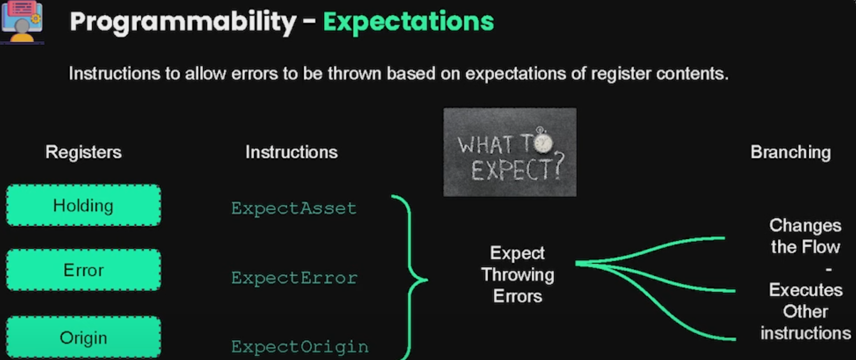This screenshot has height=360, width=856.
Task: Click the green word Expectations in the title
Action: (409, 21)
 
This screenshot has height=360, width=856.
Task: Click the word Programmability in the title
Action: (183, 21)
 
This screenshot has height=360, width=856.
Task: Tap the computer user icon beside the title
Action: (22, 21)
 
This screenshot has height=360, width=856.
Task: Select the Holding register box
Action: (83, 205)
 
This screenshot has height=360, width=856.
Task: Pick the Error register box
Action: (83, 270)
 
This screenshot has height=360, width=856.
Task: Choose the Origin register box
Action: (83, 338)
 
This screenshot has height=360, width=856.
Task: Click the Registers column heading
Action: (83, 152)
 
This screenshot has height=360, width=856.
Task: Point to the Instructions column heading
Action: (292, 152)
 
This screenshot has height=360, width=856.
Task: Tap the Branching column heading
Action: (791, 152)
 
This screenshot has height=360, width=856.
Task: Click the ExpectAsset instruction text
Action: (294, 209)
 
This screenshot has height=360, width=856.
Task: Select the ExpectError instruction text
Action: (294, 278)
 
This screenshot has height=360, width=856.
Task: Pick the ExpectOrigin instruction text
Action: (300, 347)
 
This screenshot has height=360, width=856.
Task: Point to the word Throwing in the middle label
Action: (518, 275)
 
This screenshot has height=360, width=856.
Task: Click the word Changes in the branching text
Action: (805, 226)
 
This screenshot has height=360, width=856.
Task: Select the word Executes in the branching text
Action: (806, 290)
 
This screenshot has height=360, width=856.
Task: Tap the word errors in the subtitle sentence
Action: (255, 74)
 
